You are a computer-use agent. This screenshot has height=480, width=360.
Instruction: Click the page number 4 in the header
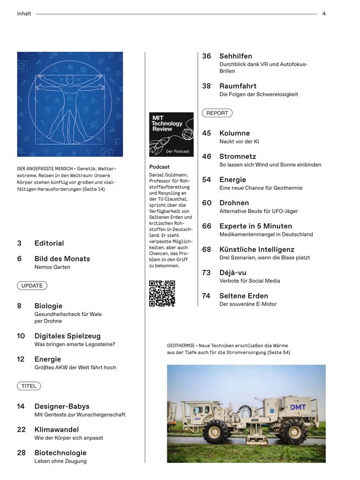324,14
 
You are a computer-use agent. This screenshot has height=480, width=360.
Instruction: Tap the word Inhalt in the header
25,14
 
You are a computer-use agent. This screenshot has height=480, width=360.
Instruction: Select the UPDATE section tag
32,286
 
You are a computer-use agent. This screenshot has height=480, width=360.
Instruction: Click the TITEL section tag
29,386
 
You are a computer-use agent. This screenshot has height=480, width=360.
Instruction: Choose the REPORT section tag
217,113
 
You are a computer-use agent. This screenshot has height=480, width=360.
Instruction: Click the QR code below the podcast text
162,293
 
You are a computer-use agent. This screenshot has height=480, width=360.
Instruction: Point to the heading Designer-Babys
62,406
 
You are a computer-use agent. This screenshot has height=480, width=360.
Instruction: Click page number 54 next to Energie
207,179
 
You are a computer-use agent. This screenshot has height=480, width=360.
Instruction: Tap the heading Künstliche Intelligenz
257,249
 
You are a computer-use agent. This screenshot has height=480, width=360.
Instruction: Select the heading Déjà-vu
234,272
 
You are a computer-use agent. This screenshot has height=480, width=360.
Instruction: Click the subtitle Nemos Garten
52,268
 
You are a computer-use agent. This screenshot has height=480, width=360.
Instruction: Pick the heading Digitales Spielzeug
67,336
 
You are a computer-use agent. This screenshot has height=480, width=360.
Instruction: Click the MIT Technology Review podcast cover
171,135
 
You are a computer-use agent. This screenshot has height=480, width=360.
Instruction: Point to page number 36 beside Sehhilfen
207,56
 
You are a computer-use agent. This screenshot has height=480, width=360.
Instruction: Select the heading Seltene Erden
243,296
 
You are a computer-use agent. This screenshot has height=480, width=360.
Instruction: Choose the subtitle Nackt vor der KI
239,141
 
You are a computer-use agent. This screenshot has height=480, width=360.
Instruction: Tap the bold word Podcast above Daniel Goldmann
160,167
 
